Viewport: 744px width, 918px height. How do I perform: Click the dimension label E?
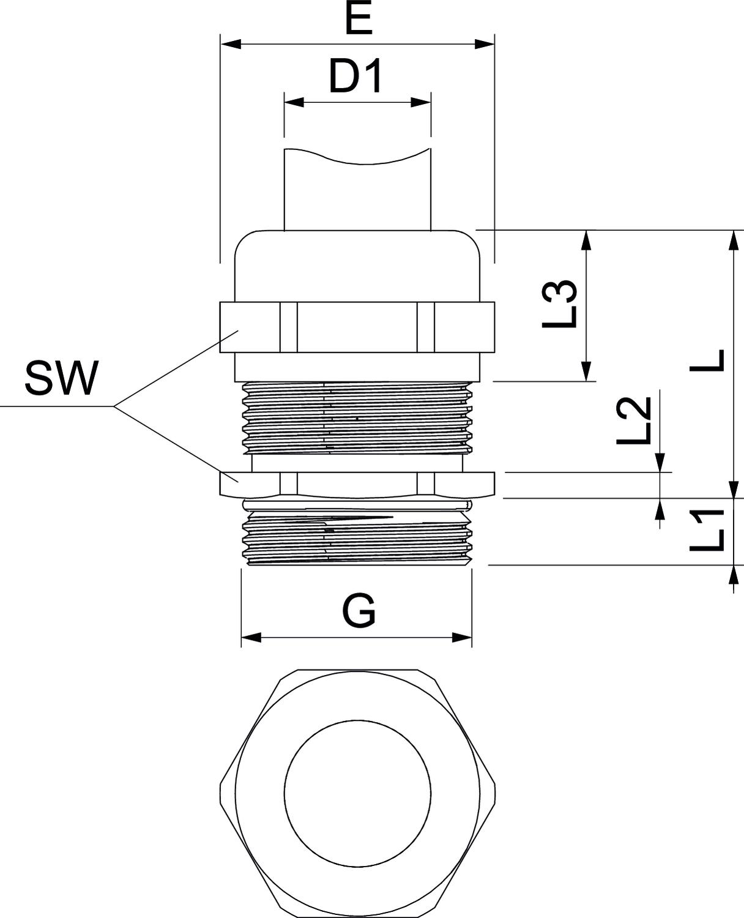tap(358, 20)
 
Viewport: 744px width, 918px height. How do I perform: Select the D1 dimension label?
tap(356, 76)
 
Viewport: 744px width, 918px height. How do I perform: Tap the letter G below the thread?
tap(359, 610)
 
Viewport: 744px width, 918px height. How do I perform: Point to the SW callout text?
tap(61, 379)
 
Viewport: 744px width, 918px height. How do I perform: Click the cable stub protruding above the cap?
tap(358, 190)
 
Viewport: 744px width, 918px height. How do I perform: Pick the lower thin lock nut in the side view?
tap(358, 483)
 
